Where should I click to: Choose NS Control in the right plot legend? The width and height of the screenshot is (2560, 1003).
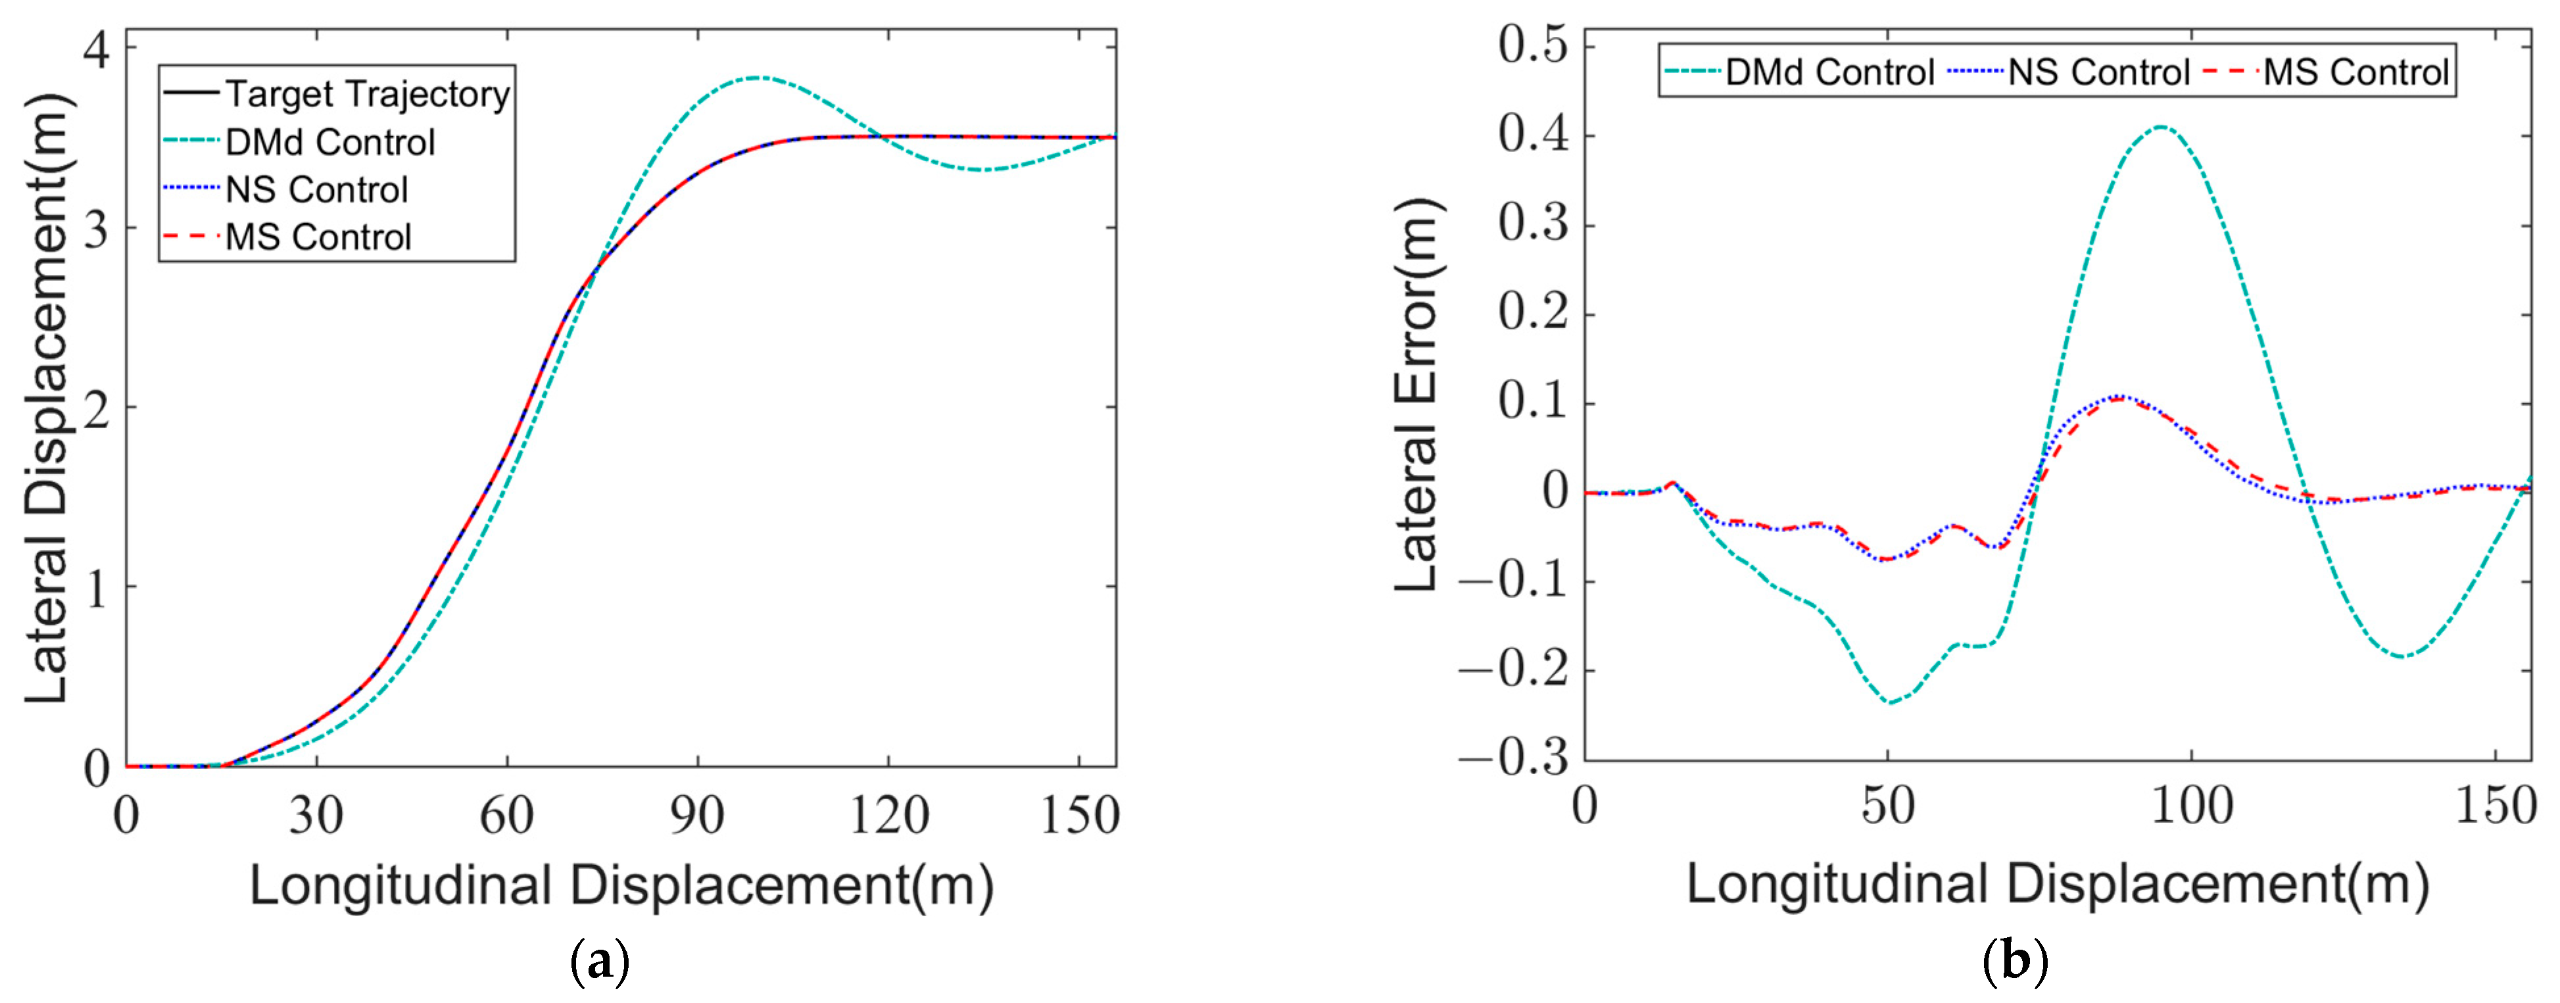(x=2098, y=72)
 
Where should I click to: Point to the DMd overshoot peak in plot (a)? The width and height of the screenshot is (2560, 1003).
(x=758, y=78)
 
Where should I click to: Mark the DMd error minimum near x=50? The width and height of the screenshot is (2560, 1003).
(x=1890, y=703)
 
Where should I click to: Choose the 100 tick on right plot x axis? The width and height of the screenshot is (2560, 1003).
(x=2191, y=805)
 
